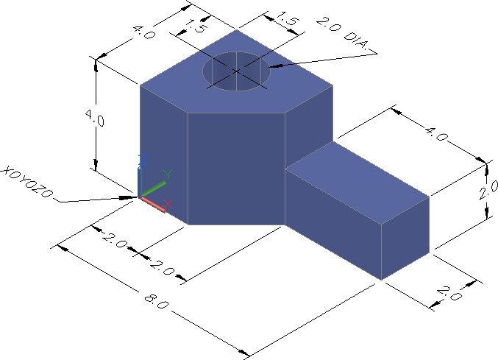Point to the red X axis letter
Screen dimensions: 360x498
[x=168, y=203]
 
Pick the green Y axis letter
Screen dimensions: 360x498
[x=168, y=174]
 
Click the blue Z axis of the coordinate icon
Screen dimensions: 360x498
[x=140, y=177]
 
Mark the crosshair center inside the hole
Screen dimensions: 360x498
[x=236, y=71]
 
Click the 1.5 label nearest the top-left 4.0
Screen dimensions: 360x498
[x=193, y=27]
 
